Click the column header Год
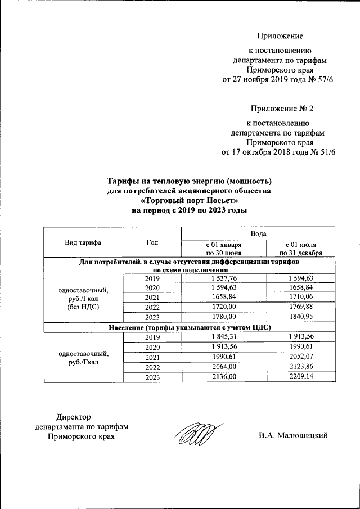152,242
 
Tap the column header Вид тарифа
83,242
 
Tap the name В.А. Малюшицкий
293,435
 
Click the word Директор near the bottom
73,417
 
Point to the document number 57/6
322,79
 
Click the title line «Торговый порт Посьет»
189,200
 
